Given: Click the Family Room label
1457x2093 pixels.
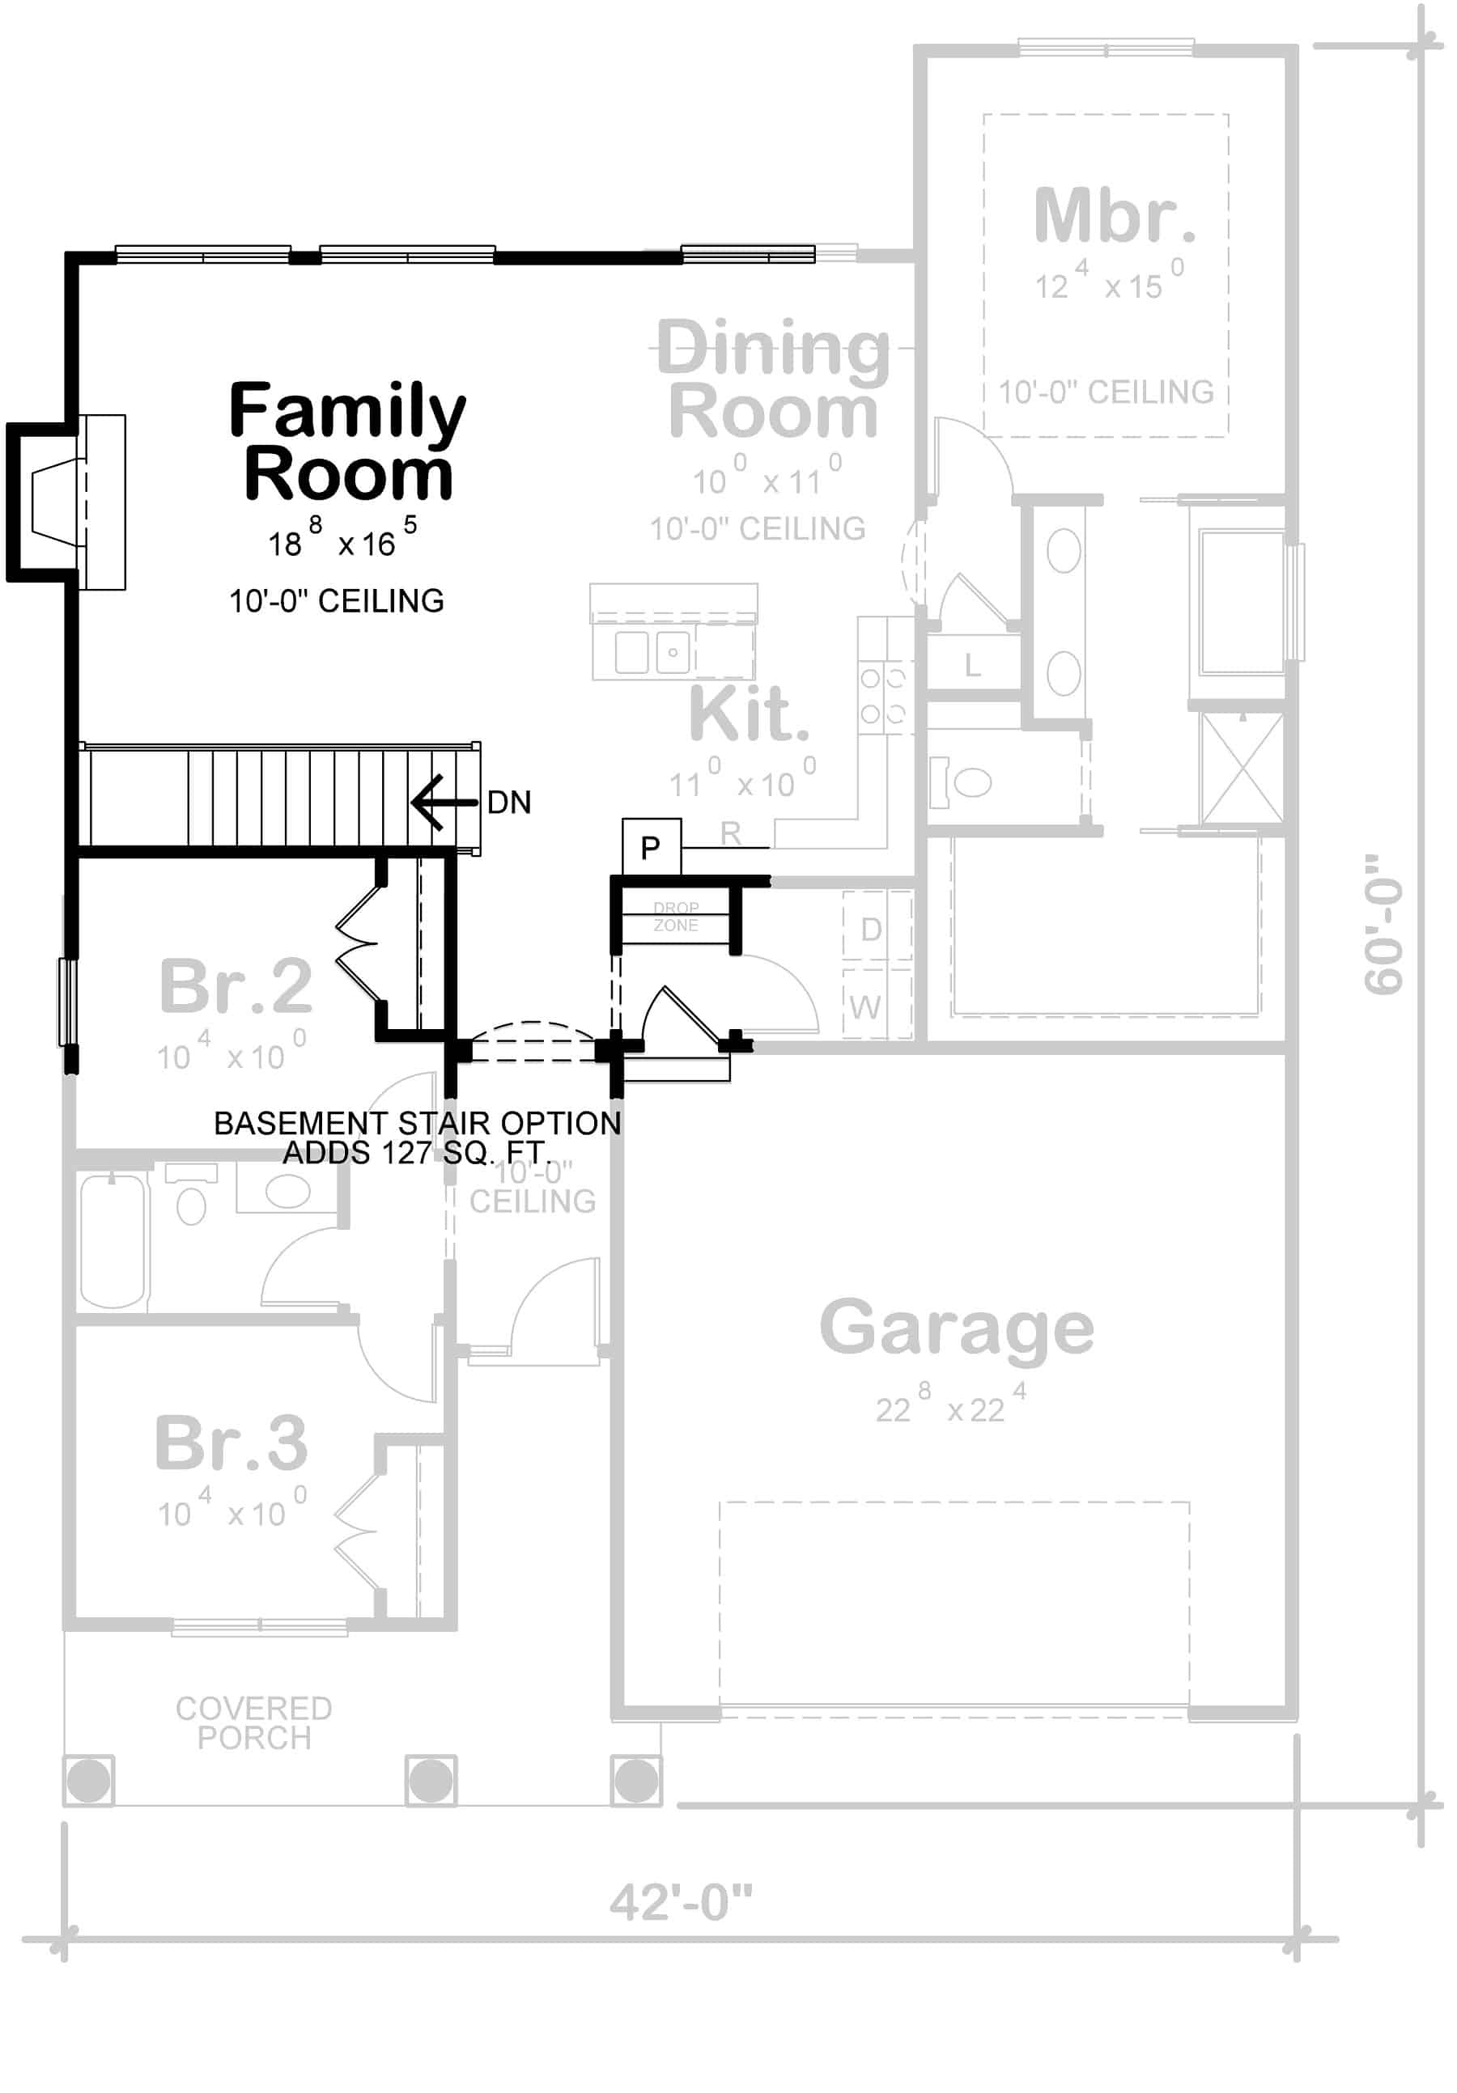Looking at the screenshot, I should pyautogui.click(x=346, y=442).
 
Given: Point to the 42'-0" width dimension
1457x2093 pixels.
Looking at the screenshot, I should pyautogui.click(x=680, y=1904).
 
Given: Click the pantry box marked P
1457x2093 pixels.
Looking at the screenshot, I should pyautogui.click(x=650, y=848).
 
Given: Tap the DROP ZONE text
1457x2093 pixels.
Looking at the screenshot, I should pyautogui.click(x=676, y=916).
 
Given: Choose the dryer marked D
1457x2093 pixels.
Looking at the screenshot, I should pyautogui.click(x=871, y=929).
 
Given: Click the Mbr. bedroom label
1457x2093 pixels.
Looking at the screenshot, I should pyautogui.click(x=1113, y=216).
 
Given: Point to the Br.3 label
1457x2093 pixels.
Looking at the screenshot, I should pyautogui.click(x=232, y=1444).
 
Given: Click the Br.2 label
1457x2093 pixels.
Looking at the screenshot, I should pyautogui.click(x=236, y=986).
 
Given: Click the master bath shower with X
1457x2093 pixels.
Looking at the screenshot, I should pyautogui.click(x=1242, y=769).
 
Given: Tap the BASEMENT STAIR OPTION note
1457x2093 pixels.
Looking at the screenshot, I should pyautogui.click(x=417, y=1137).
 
